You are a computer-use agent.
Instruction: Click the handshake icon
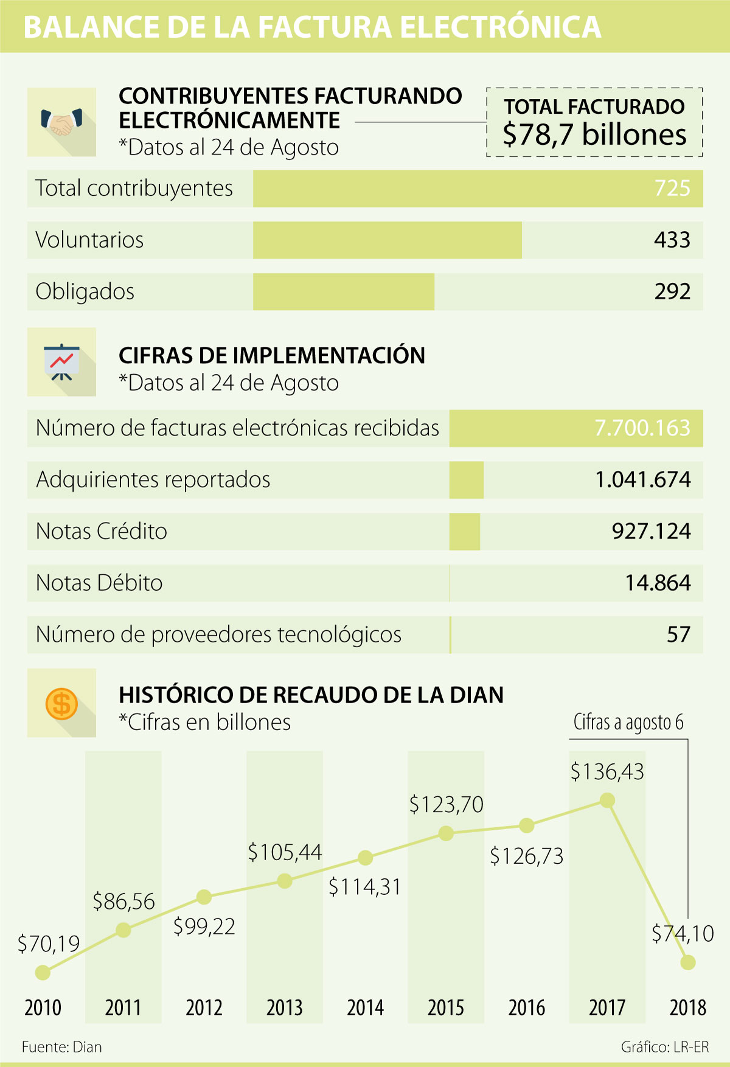[x=61, y=122]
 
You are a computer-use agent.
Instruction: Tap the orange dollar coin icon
[x=61, y=703]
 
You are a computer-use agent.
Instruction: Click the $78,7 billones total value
[x=594, y=134]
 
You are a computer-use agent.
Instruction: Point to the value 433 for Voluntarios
[x=672, y=240]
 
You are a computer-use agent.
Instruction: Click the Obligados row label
[x=85, y=292]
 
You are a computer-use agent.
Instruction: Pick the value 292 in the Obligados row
[x=672, y=292]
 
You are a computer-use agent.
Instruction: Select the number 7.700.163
[x=642, y=428]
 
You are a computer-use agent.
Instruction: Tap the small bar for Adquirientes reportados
[x=467, y=480]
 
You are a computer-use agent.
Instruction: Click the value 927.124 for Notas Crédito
[x=651, y=532]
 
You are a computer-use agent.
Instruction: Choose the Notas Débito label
[x=100, y=583]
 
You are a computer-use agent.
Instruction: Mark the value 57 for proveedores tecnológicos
[x=678, y=635]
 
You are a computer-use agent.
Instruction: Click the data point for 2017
[x=607, y=801]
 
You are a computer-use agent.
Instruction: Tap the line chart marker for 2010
[x=43, y=972]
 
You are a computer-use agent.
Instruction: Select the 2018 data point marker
[x=688, y=962]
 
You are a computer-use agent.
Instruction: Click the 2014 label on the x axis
[x=365, y=1008]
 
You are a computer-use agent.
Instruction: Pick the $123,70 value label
[x=446, y=805]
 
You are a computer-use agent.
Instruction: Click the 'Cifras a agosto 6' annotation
[x=628, y=723]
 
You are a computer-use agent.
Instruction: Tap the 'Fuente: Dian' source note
[x=61, y=1047]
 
